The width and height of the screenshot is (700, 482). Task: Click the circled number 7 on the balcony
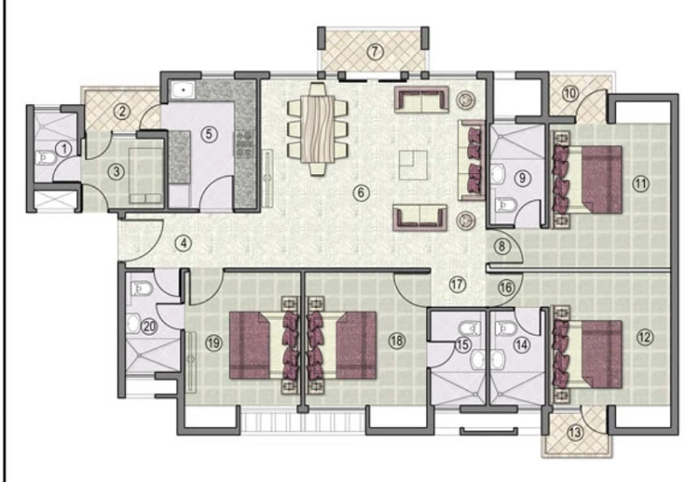[375, 52]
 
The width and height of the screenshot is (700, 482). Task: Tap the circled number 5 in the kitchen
[208, 135]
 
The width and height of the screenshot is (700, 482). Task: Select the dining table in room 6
[318, 129]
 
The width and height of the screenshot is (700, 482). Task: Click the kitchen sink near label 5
[183, 91]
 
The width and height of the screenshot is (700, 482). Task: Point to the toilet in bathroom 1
[45, 157]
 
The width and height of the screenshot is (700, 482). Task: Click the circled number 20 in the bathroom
[149, 326]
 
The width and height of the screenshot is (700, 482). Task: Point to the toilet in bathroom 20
[142, 289]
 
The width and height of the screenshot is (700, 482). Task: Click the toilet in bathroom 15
[470, 329]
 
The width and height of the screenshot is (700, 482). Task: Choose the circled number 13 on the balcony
[576, 432]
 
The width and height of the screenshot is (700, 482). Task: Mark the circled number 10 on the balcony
[570, 94]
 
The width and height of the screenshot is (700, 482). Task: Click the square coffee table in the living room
[413, 165]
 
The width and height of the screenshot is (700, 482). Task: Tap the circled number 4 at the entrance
[183, 243]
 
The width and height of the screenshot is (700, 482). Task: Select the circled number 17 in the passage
[457, 284]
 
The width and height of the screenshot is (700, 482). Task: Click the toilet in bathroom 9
[507, 205]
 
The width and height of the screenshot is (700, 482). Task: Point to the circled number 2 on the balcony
[122, 111]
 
